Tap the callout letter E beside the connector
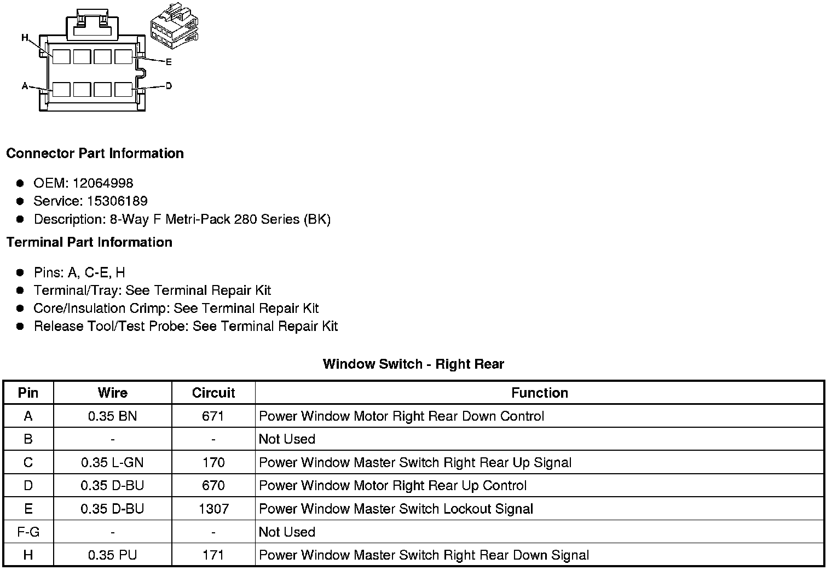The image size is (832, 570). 169,62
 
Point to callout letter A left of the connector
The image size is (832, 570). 25,86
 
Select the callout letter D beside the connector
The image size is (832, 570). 169,86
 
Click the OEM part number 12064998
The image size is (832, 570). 103,183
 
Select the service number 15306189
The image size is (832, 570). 117,201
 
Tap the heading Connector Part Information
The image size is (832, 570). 95,153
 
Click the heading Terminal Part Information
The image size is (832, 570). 89,242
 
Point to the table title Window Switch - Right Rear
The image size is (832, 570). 413,364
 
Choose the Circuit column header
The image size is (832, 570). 213,393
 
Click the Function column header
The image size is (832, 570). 539,393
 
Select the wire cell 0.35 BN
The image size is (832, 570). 112,416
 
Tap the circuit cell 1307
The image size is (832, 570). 213,509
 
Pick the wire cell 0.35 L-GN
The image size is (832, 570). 112,463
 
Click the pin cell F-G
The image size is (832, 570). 28,532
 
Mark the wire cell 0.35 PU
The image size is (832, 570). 112,555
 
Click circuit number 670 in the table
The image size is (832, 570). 213,486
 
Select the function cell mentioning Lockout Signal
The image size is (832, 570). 396,509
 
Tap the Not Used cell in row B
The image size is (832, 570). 287,439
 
